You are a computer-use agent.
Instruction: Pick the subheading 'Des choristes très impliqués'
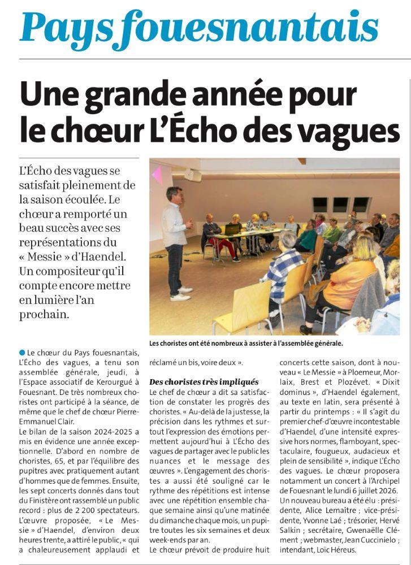point(204,382)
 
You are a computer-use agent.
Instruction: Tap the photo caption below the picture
point(246,343)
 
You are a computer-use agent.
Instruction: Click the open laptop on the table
point(231,229)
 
